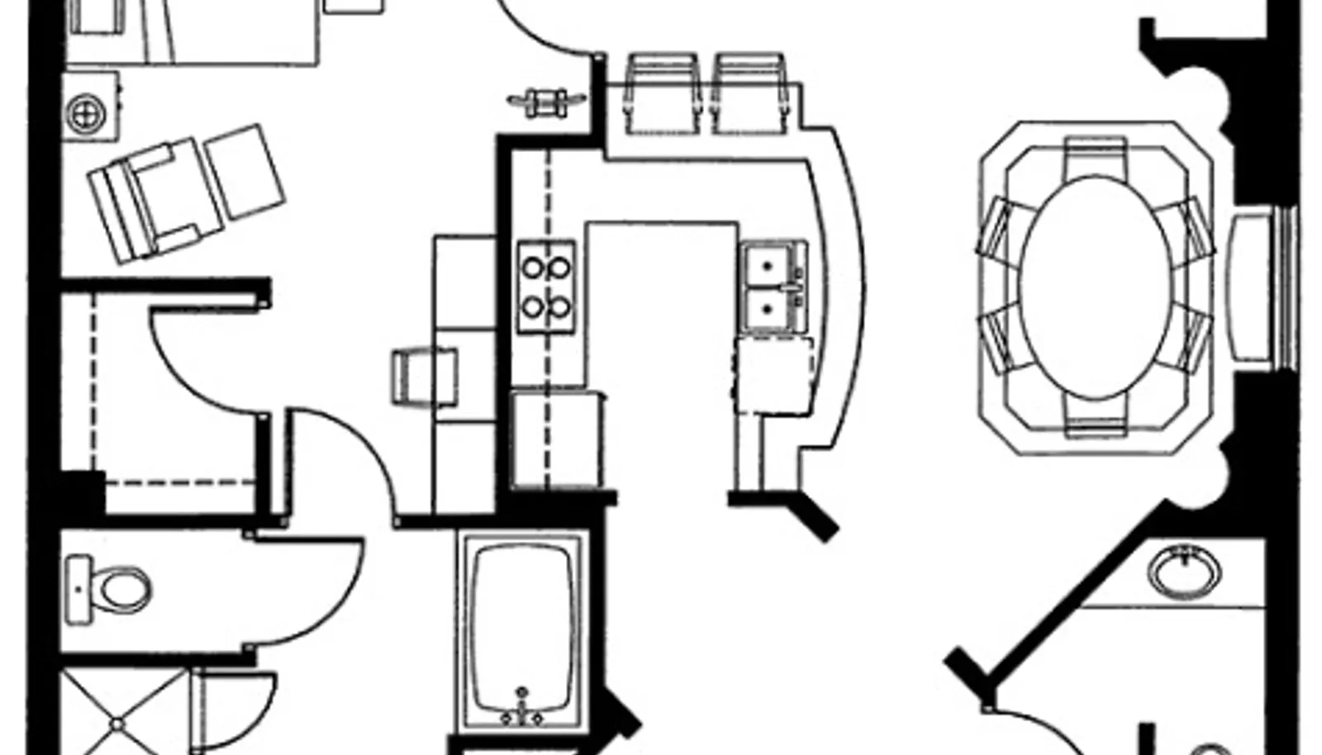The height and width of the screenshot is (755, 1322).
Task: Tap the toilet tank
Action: pyautogui.click(x=78, y=588)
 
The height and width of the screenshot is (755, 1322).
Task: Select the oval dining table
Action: pyautogui.click(x=1096, y=287)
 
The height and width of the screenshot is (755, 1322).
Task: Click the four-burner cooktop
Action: pyautogui.click(x=546, y=287)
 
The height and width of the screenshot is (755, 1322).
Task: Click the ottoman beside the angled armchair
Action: pyautogui.click(x=245, y=172)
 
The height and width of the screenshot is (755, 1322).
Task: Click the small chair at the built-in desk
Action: pyautogui.click(x=422, y=377)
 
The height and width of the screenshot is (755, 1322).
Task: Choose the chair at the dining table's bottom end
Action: pyautogui.click(x=1096, y=415)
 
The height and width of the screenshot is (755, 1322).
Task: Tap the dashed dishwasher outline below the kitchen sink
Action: pyautogui.click(x=773, y=376)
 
